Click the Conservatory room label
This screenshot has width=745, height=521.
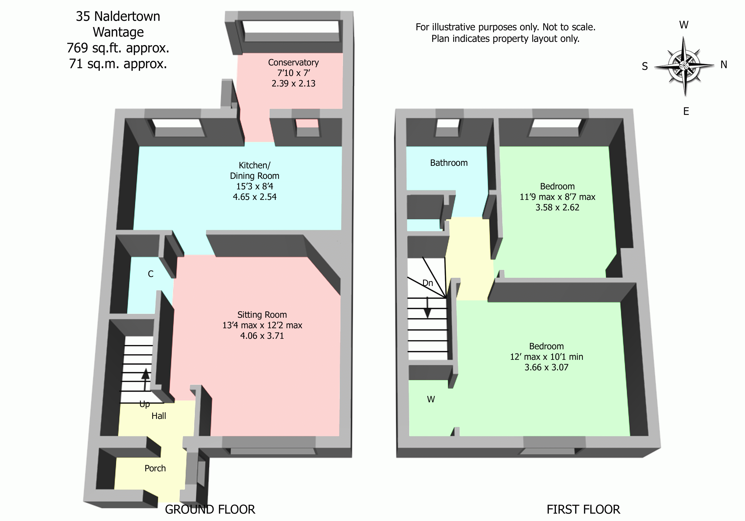pyautogui.click(x=293, y=62)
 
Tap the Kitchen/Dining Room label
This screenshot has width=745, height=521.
pyautogui.click(x=254, y=170)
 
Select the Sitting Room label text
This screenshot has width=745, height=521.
pyautogui.click(x=262, y=315)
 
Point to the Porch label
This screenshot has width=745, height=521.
pyautogui.click(x=155, y=468)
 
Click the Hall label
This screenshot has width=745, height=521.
pyautogui.click(x=159, y=416)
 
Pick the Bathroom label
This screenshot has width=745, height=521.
pyautogui.click(x=449, y=163)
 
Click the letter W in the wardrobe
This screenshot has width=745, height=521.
pyautogui.click(x=431, y=399)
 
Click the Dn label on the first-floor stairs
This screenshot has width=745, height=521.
pyautogui.click(x=428, y=283)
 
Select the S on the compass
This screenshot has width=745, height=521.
pyautogui.click(x=645, y=66)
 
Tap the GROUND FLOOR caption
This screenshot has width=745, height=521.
pyautogui.click(x=210, y=509)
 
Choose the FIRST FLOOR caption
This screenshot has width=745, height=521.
pyautogui.click(x=583, y=509)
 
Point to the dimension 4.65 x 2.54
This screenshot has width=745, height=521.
pyautogui.click(x=254, y=197)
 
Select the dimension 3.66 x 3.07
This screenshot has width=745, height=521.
pyautogui.click(x=547, y=367)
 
